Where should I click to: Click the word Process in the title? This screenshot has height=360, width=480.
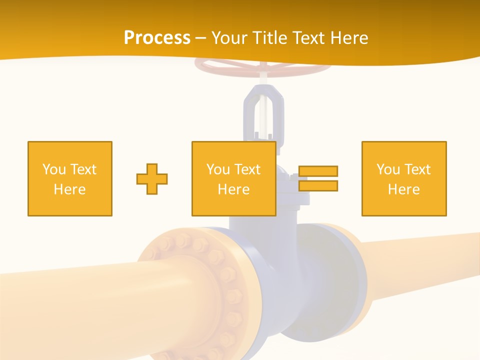pyautogui.click(x=157, y=38)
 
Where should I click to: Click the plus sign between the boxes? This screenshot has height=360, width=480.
pyautogui.click(x=152, y=178)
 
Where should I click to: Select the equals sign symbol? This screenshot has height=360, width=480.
pyautogui.click(x=318, y=178)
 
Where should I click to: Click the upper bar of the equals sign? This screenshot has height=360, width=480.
pyautogui.click(x=318, y=171)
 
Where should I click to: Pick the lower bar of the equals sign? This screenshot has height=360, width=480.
pyautogui.click(x=318, y=185)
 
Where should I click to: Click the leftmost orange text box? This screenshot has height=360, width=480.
pyautogui.click(x=70, y=178)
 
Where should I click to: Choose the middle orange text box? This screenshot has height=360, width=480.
pyautogui.click(x=233, y=178)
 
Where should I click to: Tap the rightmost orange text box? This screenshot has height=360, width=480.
pyautogui.click(x=404, y=178)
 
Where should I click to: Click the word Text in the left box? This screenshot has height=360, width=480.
pyautogui.click(x=83, y=169)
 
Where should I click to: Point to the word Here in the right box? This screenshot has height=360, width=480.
pyautogui.click(x=404, y=189)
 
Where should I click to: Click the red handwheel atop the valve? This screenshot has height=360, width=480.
pyautogui.click(x=230, y=67)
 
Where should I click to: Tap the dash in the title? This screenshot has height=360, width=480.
pyautogui.click(x=201, y=38)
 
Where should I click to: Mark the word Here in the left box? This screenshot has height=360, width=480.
pyautogui.click(x=70, y=189)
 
